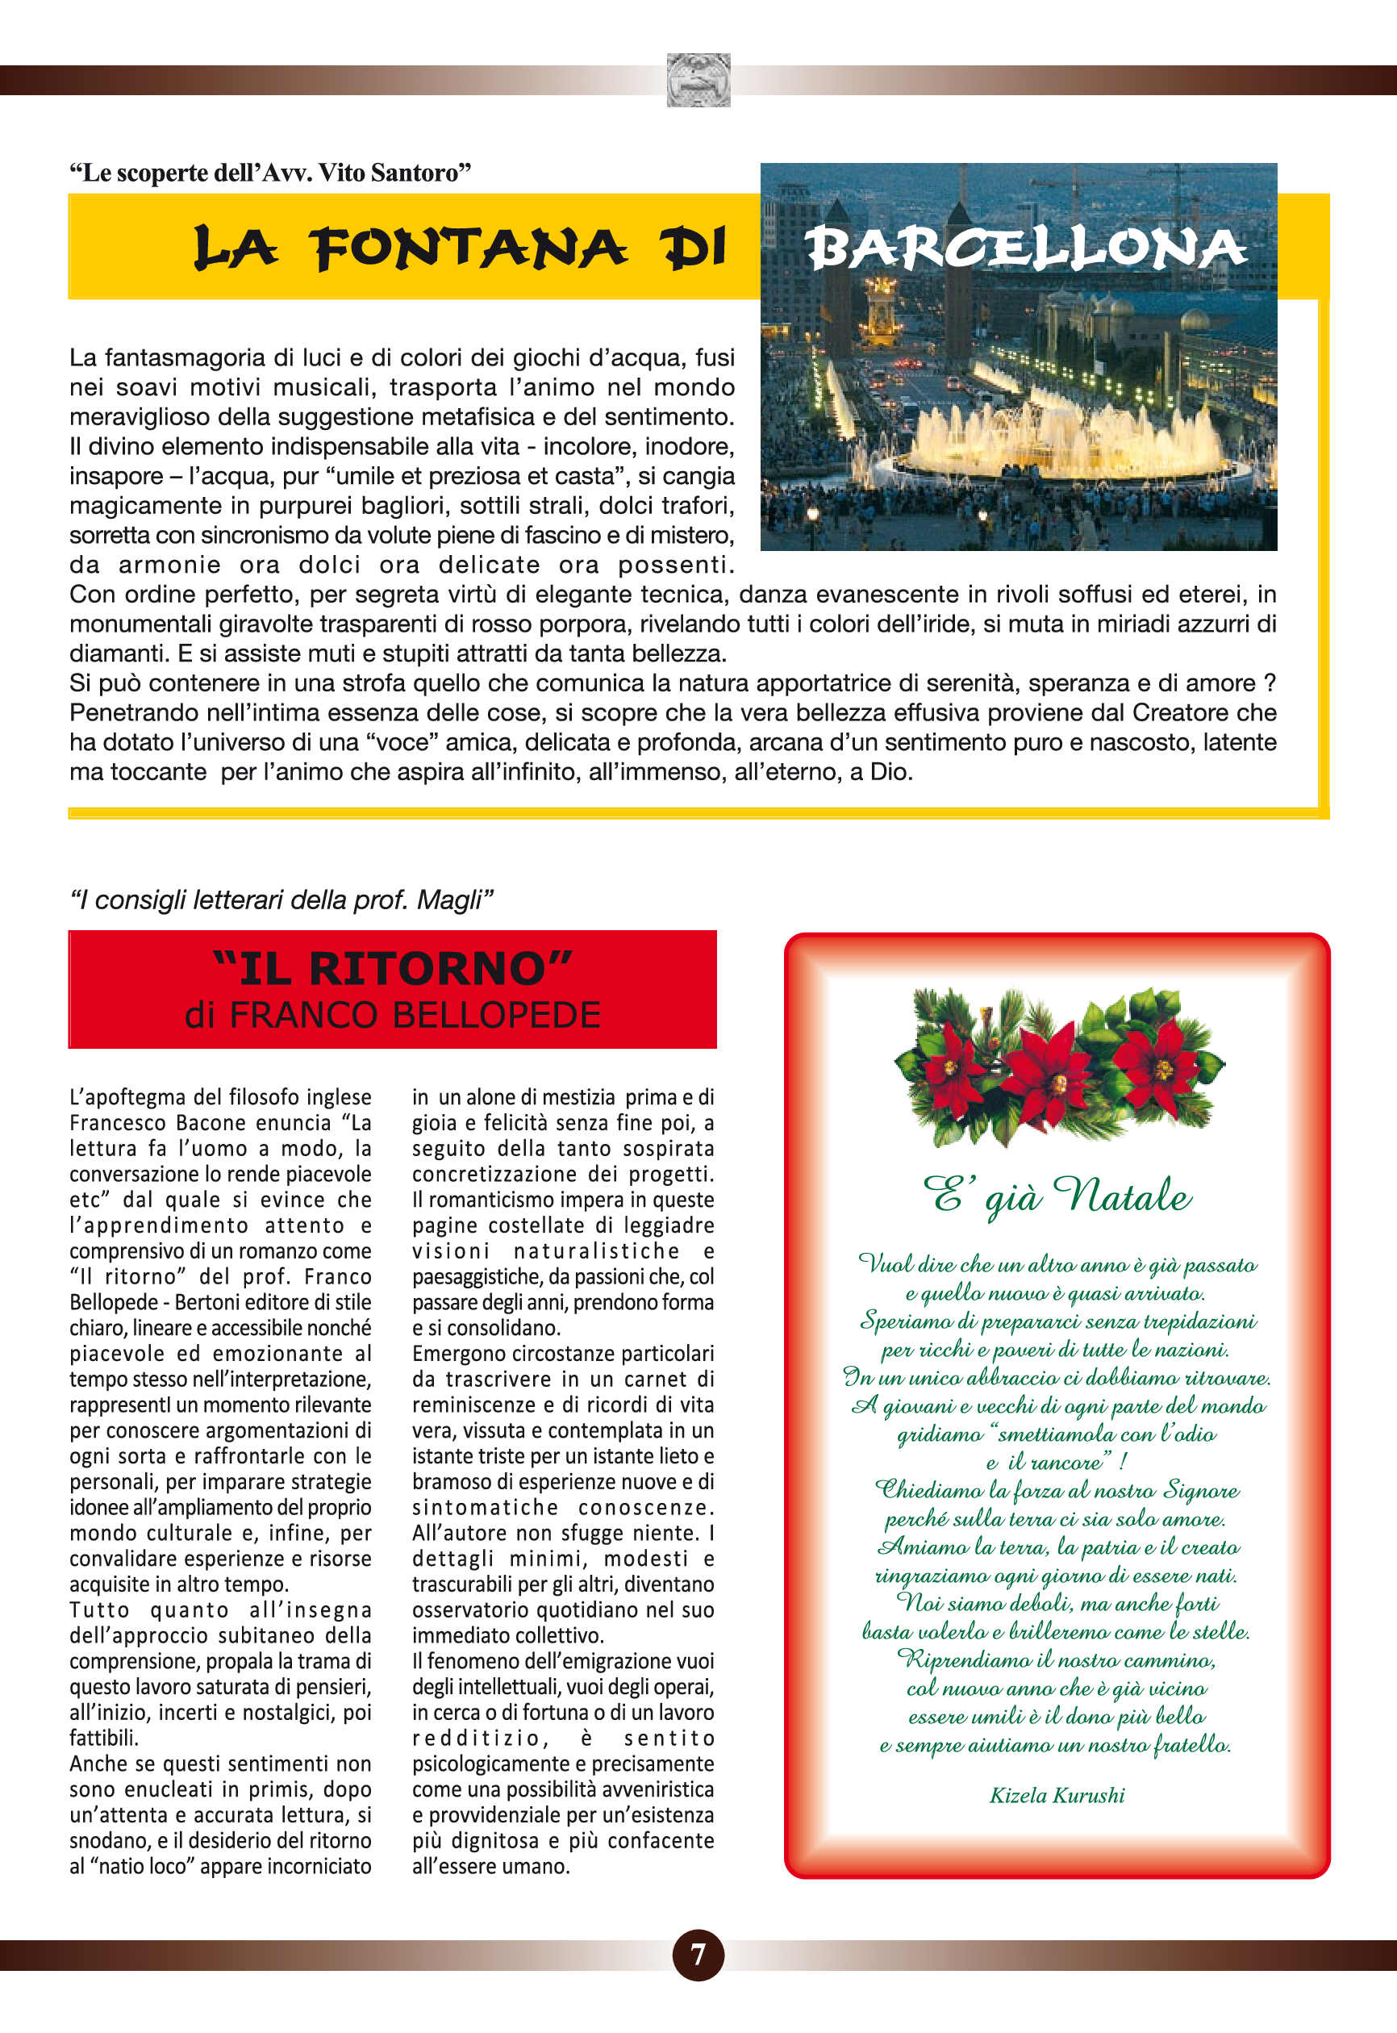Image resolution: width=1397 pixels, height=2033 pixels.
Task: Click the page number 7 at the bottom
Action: pos(698,1954)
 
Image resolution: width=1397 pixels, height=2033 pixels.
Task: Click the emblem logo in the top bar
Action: pos(698,80)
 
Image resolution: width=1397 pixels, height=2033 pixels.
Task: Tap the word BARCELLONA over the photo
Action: pos(1025,248)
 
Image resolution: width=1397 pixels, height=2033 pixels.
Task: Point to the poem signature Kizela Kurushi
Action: pos(1057,1795)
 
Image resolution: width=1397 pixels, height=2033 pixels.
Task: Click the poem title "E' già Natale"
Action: pos(1057,1195)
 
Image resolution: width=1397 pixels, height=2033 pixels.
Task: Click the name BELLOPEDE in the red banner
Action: pos(496,1016)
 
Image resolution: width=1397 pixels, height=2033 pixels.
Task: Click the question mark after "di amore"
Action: pos(1270,683)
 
